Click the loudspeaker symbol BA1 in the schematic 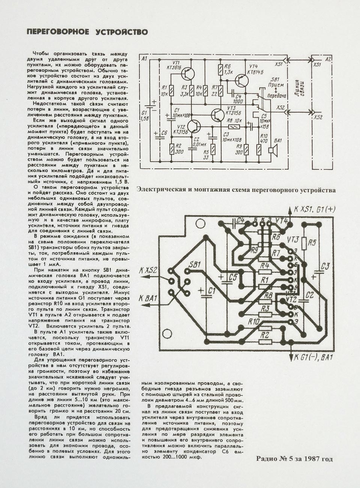pos(273,150)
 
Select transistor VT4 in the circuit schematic pos(241,80)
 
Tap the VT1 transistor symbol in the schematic pos(188,74)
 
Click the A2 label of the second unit pos(327,59)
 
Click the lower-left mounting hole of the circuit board pos(166,334)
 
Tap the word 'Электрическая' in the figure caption pos(158,190)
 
